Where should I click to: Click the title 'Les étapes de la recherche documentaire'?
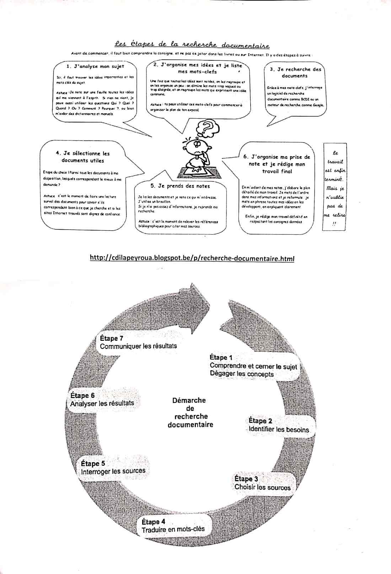(192, 45)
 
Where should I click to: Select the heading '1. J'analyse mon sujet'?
(95, 66)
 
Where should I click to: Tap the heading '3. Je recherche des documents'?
(295, 72)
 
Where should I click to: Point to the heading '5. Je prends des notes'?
(180, 186)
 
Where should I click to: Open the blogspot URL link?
(192, 258)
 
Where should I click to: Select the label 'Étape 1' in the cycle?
(221, 357)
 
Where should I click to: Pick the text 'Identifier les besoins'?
(279, 429)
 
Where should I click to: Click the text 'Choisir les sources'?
(262, 487)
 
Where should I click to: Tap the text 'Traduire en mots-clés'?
(173, 530)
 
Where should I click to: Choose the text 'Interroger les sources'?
(113, 471)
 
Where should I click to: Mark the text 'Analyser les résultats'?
(102, 403)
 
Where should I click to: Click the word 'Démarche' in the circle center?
(189, 400)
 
